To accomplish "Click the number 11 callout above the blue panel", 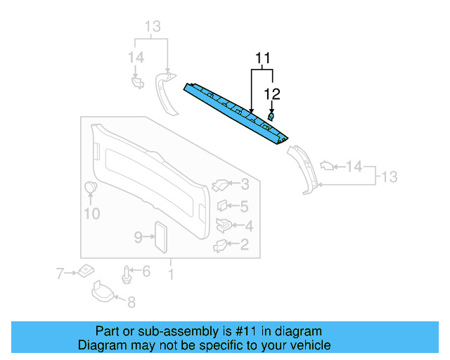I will point(262,58).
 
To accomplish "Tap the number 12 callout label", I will point(272,93).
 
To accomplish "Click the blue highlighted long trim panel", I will point(236,112).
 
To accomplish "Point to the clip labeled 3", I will point(219,185).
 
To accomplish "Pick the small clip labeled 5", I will point(221,207).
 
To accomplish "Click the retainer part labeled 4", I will point(224,225).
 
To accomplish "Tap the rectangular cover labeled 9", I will point(160,237).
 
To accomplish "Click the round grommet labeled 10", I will point(91,188).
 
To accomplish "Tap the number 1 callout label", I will point(170,271).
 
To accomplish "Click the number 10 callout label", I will point(92,213).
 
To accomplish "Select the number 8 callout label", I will point(130,303).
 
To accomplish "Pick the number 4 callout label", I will point(248,226).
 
